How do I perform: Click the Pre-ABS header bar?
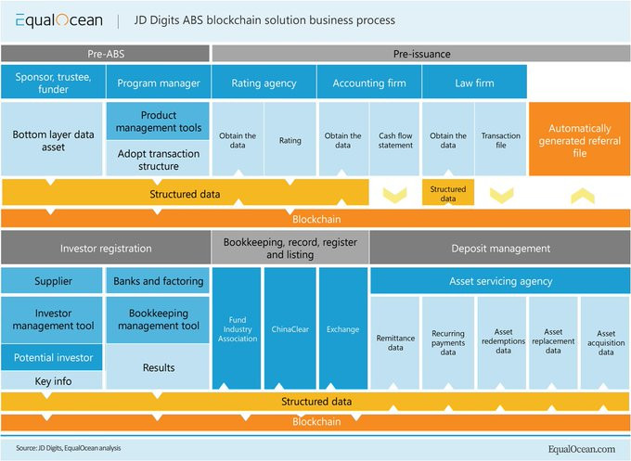click(106, 54)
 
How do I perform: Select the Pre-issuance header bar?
click(421, 54)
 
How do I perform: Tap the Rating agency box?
click(264, 83)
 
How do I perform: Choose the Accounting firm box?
click(369, 83)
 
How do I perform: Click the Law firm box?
click(474, 83)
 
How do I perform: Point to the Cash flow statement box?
click(395, 139)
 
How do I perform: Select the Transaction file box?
click(501, 139)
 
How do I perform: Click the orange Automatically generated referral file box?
click(578, 139)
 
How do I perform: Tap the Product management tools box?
click(159, 121)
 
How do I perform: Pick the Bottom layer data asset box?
click(53, 139)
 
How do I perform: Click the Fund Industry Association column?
click(238, 328)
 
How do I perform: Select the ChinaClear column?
click(290, 328)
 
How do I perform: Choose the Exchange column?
click(343, 328)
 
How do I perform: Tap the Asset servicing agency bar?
click(500, 281)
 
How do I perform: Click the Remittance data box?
click(395, 340)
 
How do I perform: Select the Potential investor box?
click(53, 357)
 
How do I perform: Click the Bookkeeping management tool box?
click(159, 320)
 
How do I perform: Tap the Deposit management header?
click(500, 248)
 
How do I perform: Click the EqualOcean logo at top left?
click(58, 19)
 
